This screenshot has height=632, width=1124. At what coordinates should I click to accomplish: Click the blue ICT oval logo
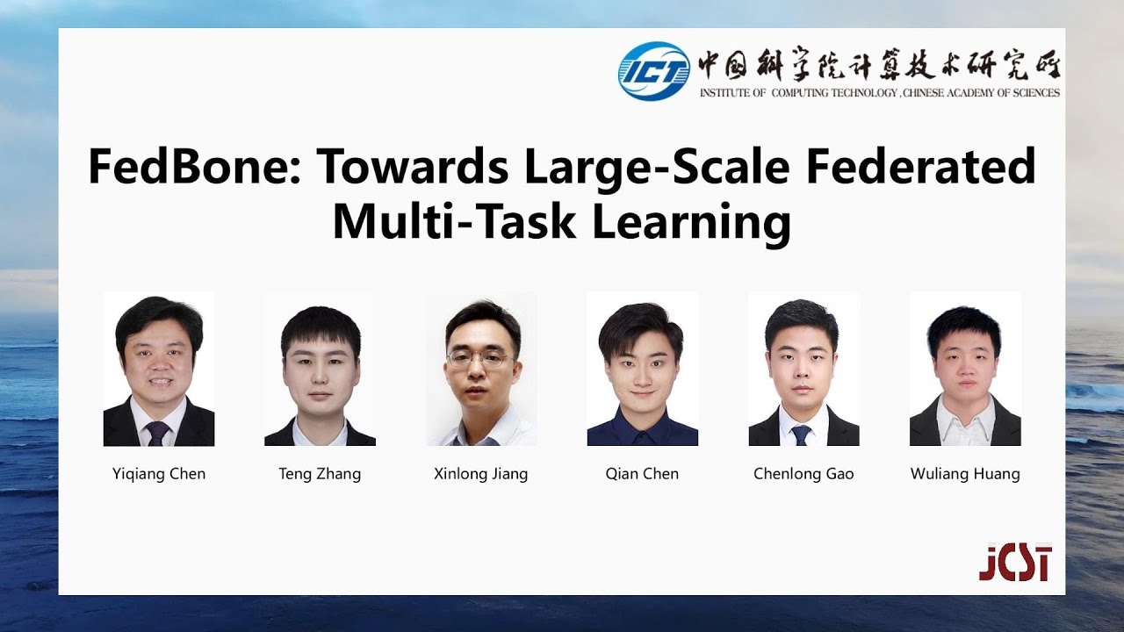click(x=653, y=71)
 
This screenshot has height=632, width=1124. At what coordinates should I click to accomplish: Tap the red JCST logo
click(x=1015, y=564)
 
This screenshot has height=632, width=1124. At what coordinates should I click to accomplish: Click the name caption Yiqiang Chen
click(x=159, y=474)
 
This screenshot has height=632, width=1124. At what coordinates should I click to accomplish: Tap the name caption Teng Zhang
click(x=320, y=474)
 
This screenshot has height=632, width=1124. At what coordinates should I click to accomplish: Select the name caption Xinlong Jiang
click(x=481, y=474)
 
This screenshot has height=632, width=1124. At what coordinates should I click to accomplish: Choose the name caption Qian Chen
click(x=642, y=474)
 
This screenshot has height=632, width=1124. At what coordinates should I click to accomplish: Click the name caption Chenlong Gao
click(x=803, y=474)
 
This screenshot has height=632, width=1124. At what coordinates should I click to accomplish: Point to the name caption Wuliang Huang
click(x=965, y=474)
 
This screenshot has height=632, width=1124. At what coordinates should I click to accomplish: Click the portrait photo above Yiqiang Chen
click(x=159, y=369)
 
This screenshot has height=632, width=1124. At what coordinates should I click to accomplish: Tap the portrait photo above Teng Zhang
click(x=320, y=369)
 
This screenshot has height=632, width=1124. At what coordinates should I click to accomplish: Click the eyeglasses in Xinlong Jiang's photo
click(x=479, y=359)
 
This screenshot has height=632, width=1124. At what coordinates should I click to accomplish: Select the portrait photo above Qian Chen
click(x=642, y=369)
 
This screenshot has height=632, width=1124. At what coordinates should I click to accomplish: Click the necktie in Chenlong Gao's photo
click(x=801, y=434)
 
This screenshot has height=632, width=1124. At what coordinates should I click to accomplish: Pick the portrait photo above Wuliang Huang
click(x=965, y=369)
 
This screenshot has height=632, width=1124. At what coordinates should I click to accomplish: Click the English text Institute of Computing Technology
click(x=879, y=92)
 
